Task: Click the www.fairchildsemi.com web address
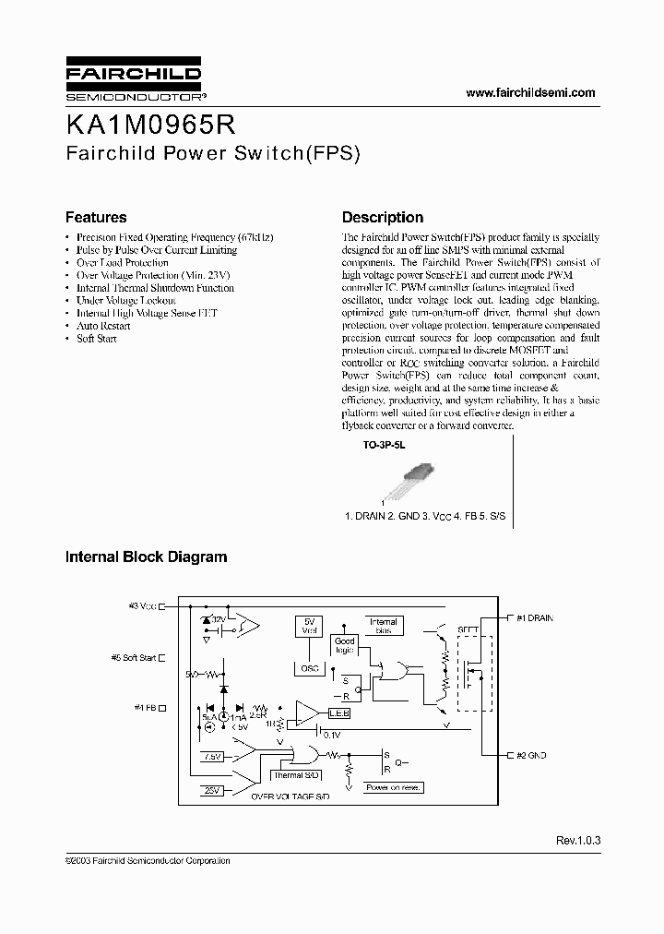click(530, 92)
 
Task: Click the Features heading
click(96, 218)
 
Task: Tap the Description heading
click(383, 218)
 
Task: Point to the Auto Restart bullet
click(98, 326)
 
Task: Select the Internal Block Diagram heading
click(146, 557)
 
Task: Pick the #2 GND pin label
click(530, 755)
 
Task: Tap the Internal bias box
click(383, 626)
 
